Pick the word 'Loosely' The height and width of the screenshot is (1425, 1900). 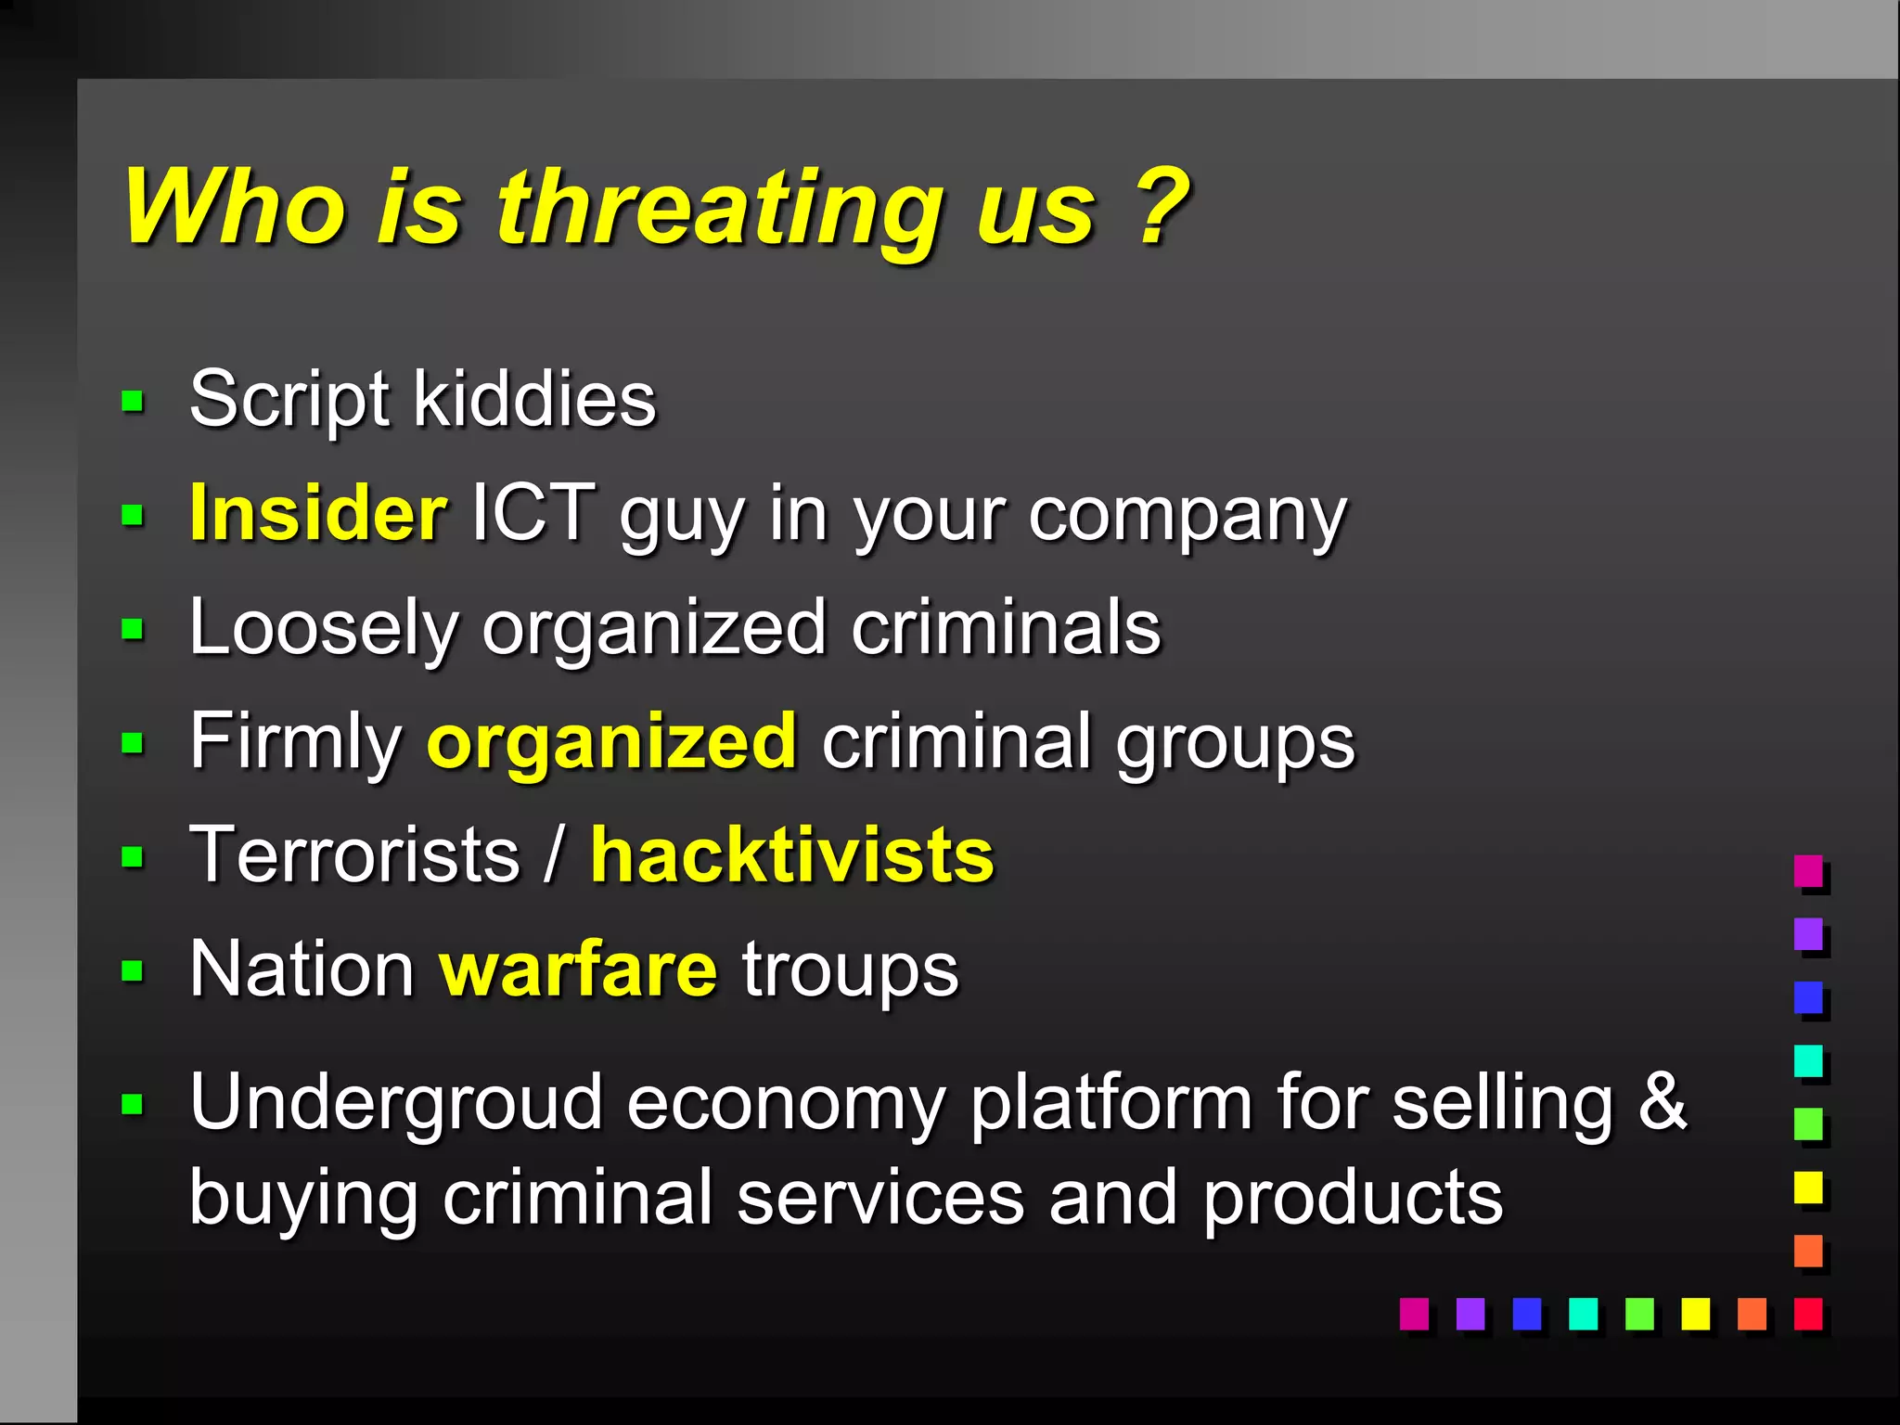(x=324, y=629)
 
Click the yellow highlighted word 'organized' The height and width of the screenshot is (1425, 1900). (x=611, y=741)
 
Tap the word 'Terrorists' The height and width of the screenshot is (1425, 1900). (x=354, y=854)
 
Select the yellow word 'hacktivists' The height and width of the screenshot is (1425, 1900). (x=792, y=854)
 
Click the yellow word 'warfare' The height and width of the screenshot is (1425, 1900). (x=578, y=969)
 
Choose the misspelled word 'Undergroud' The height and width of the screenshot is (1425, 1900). (x=396, y=1103)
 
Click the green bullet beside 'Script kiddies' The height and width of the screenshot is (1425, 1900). (x=133, y=402)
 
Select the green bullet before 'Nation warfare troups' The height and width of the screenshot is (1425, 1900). (x=133, y=971)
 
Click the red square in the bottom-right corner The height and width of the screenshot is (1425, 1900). (x=1808, y=1314)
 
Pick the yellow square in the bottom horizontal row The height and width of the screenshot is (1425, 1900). (x=1695, y=1314)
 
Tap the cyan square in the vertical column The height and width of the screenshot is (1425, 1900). (x=1808, y=1060)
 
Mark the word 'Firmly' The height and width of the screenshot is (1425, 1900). (x=295, y=741)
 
